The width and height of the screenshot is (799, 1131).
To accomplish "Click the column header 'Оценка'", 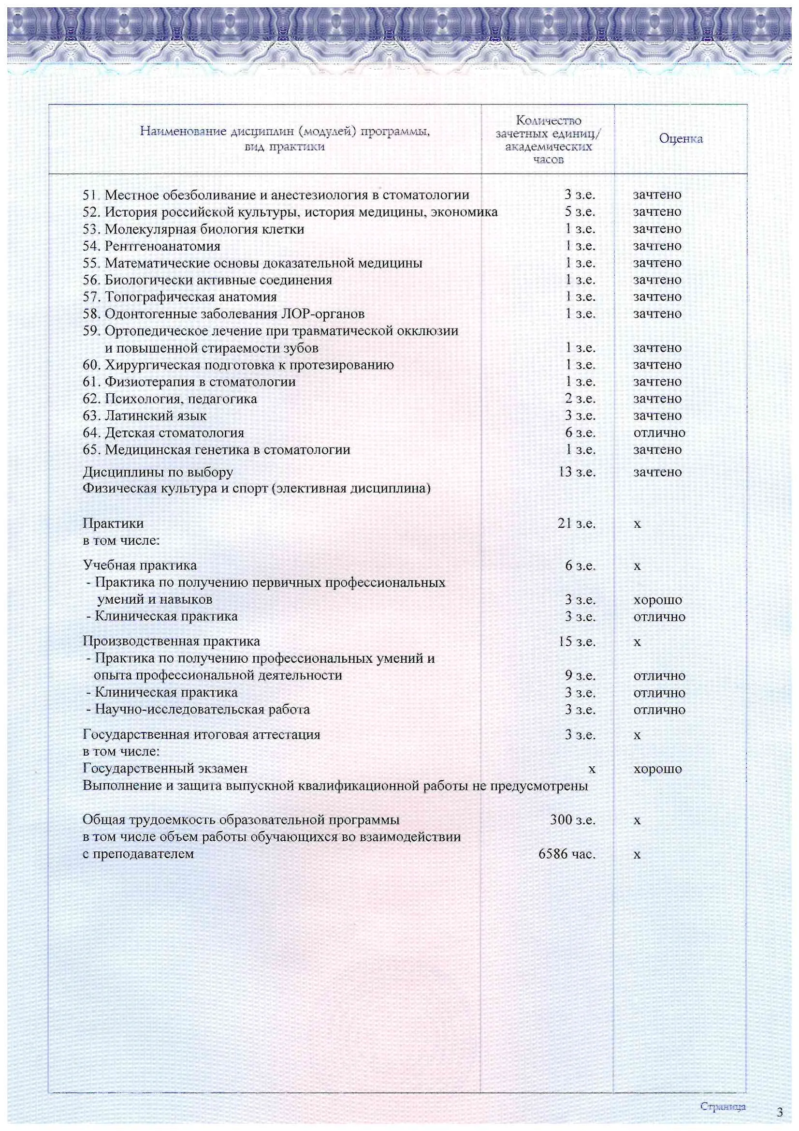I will (x=681, y=139).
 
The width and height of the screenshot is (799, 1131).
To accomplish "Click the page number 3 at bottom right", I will (x=779, y=1112).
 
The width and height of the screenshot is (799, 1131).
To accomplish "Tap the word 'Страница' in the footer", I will (x=722, y=1107).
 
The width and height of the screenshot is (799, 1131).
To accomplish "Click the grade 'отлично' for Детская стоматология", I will (x=659, y=433).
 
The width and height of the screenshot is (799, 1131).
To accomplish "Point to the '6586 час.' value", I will (x=567, y=854).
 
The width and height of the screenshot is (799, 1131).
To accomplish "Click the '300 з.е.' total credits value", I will (x=572, y=820).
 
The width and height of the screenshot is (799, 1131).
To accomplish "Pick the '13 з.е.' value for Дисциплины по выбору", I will (x=577, y=472).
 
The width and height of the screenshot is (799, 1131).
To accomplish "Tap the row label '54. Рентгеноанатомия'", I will (x=151, y=246).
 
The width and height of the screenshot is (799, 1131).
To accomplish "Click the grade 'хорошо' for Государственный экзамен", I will (x=657, y=769).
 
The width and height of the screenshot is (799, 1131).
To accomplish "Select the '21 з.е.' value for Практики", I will (x=577, y=523).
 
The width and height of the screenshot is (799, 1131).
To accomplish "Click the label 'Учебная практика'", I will (x=139, y=565).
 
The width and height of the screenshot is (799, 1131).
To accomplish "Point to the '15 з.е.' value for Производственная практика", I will (x=577, y=642).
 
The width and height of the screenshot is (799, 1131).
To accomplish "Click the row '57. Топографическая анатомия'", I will (x=179, y=297).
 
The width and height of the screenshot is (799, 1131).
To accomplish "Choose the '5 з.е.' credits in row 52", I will (x=580, y=212).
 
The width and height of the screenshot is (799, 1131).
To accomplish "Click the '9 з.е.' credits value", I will (x=580, y=676).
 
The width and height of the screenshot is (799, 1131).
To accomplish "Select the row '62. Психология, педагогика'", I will (x=169, y=399).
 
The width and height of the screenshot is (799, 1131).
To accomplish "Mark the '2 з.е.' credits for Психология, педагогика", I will (x=580, y=399).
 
